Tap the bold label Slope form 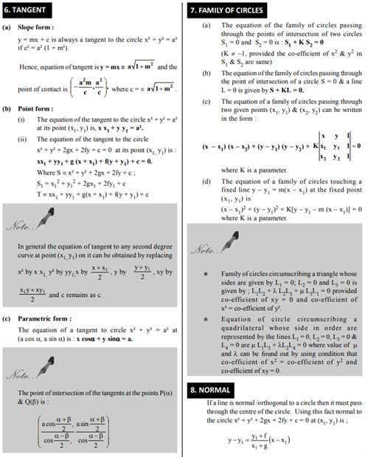coord(34,27)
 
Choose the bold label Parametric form coord(41,318)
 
